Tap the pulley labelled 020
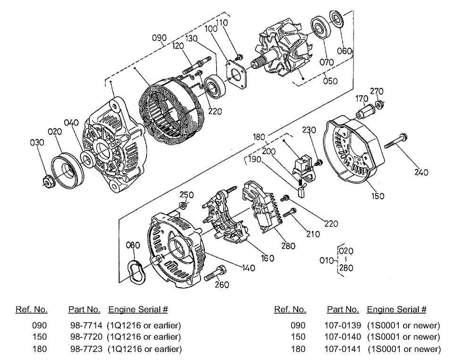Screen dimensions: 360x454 66,170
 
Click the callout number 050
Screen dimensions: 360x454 330,81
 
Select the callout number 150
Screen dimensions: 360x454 378,196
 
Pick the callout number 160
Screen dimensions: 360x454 268,258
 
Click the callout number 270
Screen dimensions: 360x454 377,91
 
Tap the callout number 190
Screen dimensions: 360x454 255,159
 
